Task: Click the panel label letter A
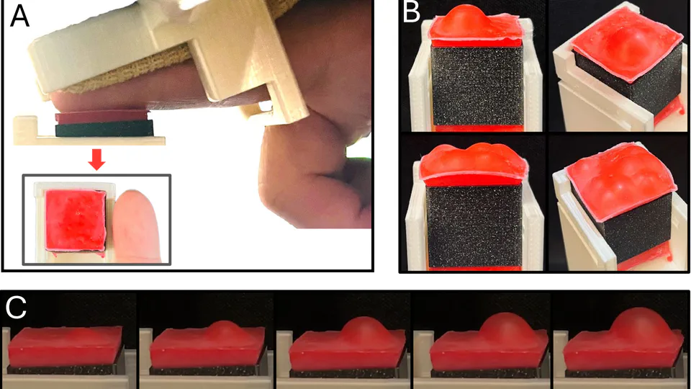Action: (20, 16)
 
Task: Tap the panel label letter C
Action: (17, 307)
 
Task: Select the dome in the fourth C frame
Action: (504, 330)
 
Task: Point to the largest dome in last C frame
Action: (639, 331)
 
